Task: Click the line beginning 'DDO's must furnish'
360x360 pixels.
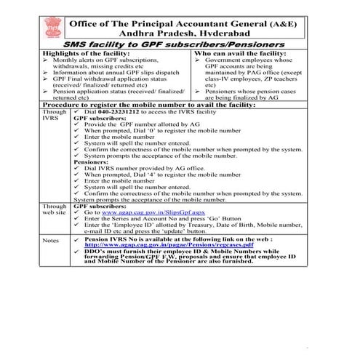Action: point(189,254)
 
